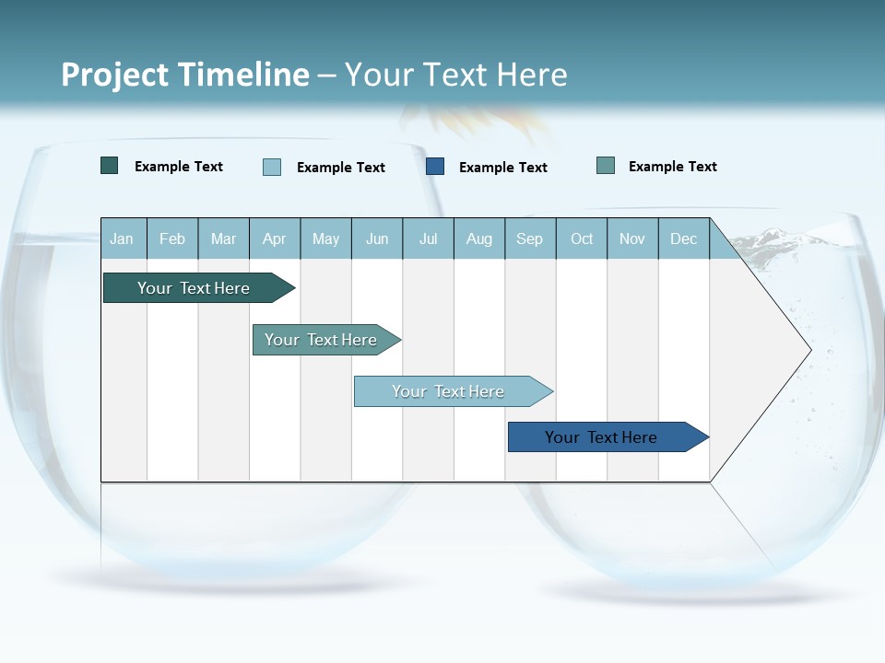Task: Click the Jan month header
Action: (x=122, y=238)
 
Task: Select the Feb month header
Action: (x=172, y=238)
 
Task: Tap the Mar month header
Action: (x=223, y=238)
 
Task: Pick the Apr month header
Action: (x=275, y=238)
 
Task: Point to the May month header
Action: (x=325, y=238)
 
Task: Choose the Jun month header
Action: (x=377, y=238)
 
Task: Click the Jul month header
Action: (x=428, y=238)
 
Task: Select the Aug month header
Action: (x=479, y=238)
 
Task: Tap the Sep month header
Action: (x=530, y=238)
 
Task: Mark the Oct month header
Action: (x=582, y=238)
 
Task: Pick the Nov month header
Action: (x=632, y=238)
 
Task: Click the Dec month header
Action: (x=684, y=238)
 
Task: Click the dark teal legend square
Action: (x=110, y=166)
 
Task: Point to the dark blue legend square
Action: (x=435, y=167)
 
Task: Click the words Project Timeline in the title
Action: (x=185, y=75)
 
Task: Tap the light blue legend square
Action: (x=272, y=167)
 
